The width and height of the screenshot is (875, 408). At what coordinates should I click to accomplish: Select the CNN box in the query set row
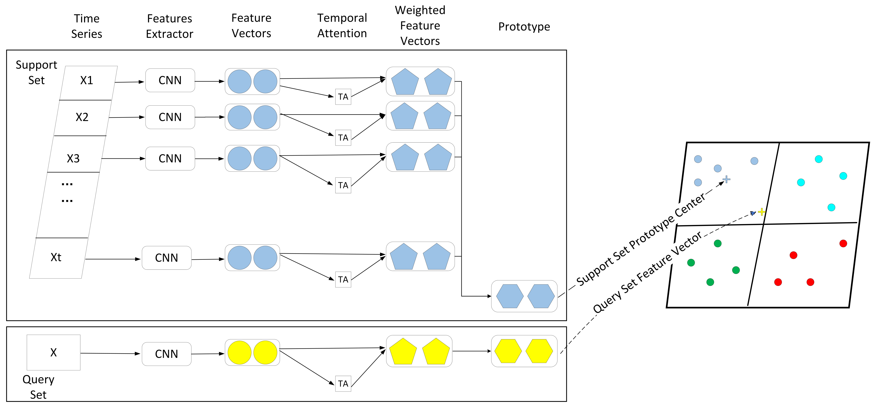pyautogui.click(x=166, y=354)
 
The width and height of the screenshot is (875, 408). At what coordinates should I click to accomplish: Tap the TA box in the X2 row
pyautogui.click(x=343, y=138)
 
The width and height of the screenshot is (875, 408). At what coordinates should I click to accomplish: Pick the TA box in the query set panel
pyautogui.click(x=343, y=384)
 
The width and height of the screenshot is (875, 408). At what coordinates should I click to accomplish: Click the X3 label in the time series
pyautogui.click(x=73, y=159)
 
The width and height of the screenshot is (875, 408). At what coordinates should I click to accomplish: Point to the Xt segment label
pyautogui.click(x=56, y=257)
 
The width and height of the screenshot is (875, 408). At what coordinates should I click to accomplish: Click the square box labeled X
pyautogui.click(x=53, y=353)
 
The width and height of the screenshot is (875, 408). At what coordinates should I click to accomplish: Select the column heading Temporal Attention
pyautogui.click(x=342, y=26)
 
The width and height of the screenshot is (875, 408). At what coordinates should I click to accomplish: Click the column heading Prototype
pyautogui.click(x=524, y=26)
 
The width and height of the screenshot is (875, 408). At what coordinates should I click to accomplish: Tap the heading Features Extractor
pyautogui.click(x=170, y=26)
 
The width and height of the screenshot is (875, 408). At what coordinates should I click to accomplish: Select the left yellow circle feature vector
pyautogui.click(x=239, y=353)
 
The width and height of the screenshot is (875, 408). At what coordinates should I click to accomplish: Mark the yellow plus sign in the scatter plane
pyautogui.click(x=762, y=212)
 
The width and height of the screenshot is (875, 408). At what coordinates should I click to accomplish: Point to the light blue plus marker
pyautogui.click(x=726, y=179)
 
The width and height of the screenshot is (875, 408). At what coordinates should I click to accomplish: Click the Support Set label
pyautogui.click(x=36, y=73)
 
